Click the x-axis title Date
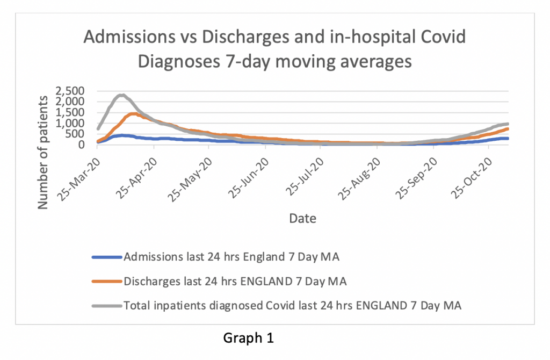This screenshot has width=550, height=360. [302, 218]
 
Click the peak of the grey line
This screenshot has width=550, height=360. [122, 95]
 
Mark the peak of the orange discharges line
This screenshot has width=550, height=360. [133, 113]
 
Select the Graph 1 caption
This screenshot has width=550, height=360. [248, 339]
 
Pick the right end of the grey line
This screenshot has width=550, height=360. [508, 124]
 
